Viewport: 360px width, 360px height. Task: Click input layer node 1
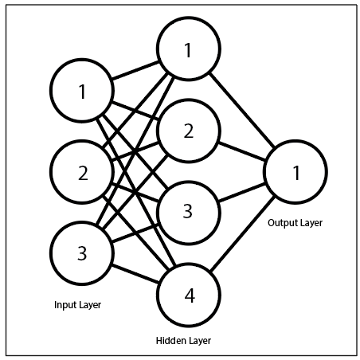82,91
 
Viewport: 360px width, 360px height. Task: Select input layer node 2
82,172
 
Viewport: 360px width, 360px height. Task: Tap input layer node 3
82,253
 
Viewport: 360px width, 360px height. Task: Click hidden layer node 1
189,49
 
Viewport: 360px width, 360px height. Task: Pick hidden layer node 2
189,131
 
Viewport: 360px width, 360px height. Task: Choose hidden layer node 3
189,213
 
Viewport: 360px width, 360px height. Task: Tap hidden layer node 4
189,295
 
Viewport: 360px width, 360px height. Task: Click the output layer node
295,172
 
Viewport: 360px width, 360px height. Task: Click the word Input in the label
63,305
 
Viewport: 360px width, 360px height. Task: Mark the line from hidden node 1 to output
242,110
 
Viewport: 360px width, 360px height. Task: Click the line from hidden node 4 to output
242,233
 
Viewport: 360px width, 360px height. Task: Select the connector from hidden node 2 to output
241,151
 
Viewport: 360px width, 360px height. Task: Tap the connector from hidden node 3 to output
241,192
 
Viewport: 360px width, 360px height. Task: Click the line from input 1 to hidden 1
135,70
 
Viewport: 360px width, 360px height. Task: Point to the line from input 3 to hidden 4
135,274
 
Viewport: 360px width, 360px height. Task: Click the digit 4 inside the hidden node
190,295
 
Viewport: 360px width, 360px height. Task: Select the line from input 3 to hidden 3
135,233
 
